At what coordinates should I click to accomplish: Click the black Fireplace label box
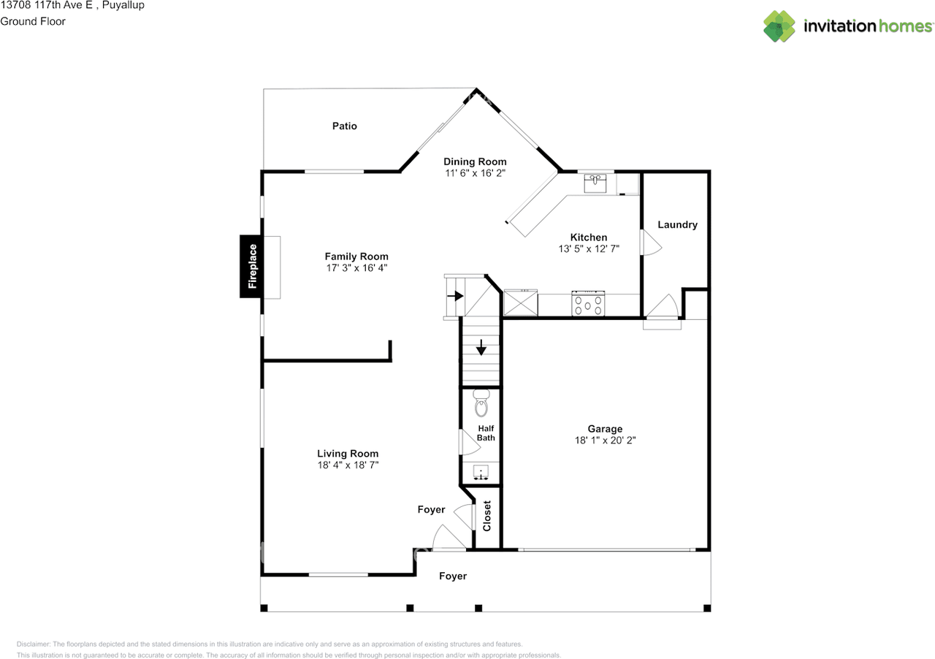pyautogui.click(x=251, y=267)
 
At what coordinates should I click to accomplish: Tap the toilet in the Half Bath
pyautogui.click(x=481, y=403)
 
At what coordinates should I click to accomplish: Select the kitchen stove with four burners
pyautogui.click(x=588, y=304)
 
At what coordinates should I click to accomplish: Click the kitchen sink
pyautogui.click(x=595, y=183)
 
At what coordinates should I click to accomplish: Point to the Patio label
pyautogui.click(x=344, y=126)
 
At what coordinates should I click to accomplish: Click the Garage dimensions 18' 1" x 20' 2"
pyautogui.click(x=605, y=440)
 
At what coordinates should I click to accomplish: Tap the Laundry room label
pyautogui.click(x=677, y=225)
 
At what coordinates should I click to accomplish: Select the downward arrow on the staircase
pyautogui.click(x=481, y=348)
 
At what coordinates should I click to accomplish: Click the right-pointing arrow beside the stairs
pyautogui.click(x=455, y=296)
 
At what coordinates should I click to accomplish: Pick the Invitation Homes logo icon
pyautogui.click(x=779, y=26)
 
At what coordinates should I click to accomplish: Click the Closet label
pyautogui.click(x=486, y=516)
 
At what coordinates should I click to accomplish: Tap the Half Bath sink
pyautogui.click(x=481, y=472)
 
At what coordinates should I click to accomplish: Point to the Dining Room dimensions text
pyautogui.click(x=475, y=173)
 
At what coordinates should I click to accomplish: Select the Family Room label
pyautogui.click(x=356, y=256)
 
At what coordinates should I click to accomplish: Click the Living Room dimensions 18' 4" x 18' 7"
pyautogui.click(x=348, y=465)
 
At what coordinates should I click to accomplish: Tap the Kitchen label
pyautogui.click(x=589, y=237)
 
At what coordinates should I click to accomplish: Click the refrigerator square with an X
pyautogui.click(x=521, y=302)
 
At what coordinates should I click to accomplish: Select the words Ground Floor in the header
pyautogui.click(x=33, y=21)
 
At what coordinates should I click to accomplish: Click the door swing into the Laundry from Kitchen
pyautogui.click(x=651, y=243)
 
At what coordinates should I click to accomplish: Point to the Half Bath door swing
pyautogui.click(x=470, y=442)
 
